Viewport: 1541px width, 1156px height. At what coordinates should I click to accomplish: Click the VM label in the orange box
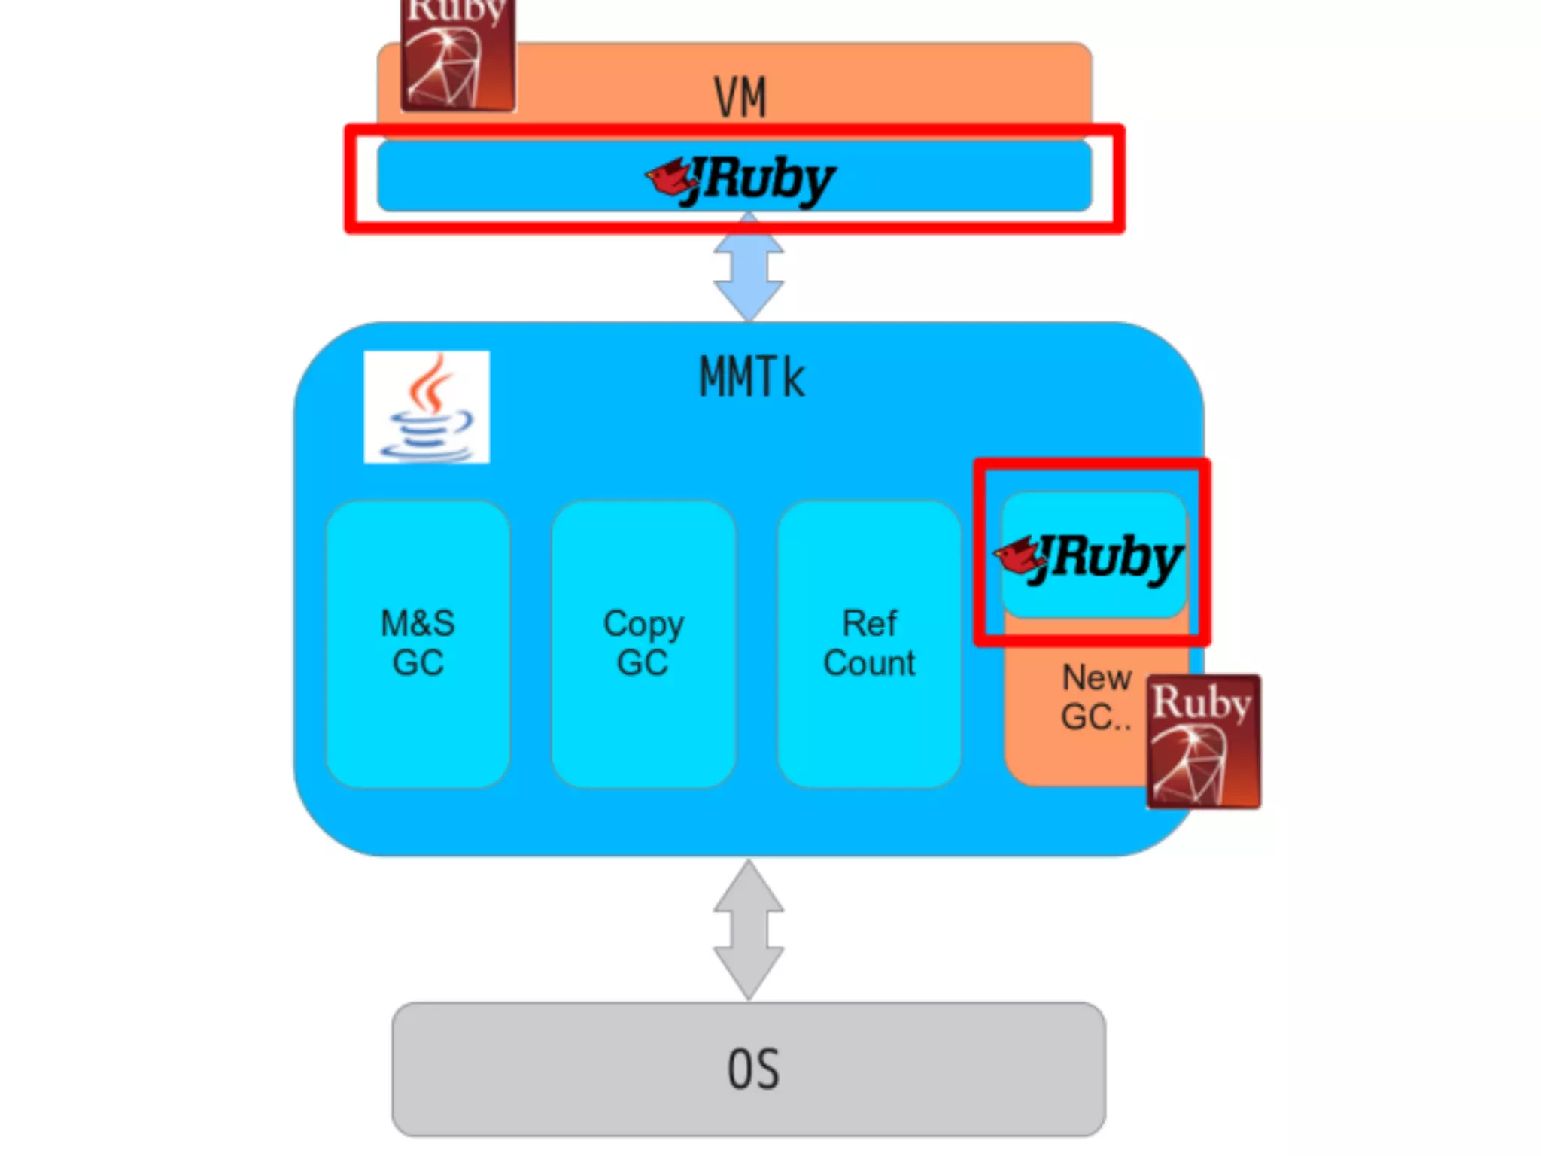[740, 98]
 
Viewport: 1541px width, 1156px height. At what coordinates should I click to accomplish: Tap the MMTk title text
[752, 377]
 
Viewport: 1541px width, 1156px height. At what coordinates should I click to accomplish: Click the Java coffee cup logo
[427, 407]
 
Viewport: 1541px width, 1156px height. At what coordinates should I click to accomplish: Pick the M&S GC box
[418, 644]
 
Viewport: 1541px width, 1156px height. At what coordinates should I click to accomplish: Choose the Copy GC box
[643, 644]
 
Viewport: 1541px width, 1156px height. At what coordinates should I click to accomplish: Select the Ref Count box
[869, 644]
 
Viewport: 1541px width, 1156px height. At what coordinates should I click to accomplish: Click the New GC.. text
[1096, 697]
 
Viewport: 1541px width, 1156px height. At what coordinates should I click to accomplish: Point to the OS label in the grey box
[753, 1069]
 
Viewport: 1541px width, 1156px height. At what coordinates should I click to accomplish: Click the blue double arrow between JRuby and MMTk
[749, 267]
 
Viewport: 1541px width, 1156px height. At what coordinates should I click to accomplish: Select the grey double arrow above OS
[749, 930]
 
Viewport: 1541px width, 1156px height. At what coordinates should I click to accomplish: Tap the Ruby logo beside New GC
[1203, 742]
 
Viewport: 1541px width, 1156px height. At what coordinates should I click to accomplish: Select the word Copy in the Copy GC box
[643, 624]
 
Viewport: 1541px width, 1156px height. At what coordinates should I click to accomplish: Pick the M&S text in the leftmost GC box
[418, 624]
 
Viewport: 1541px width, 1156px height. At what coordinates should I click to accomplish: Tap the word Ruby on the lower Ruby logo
[1202, 702]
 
